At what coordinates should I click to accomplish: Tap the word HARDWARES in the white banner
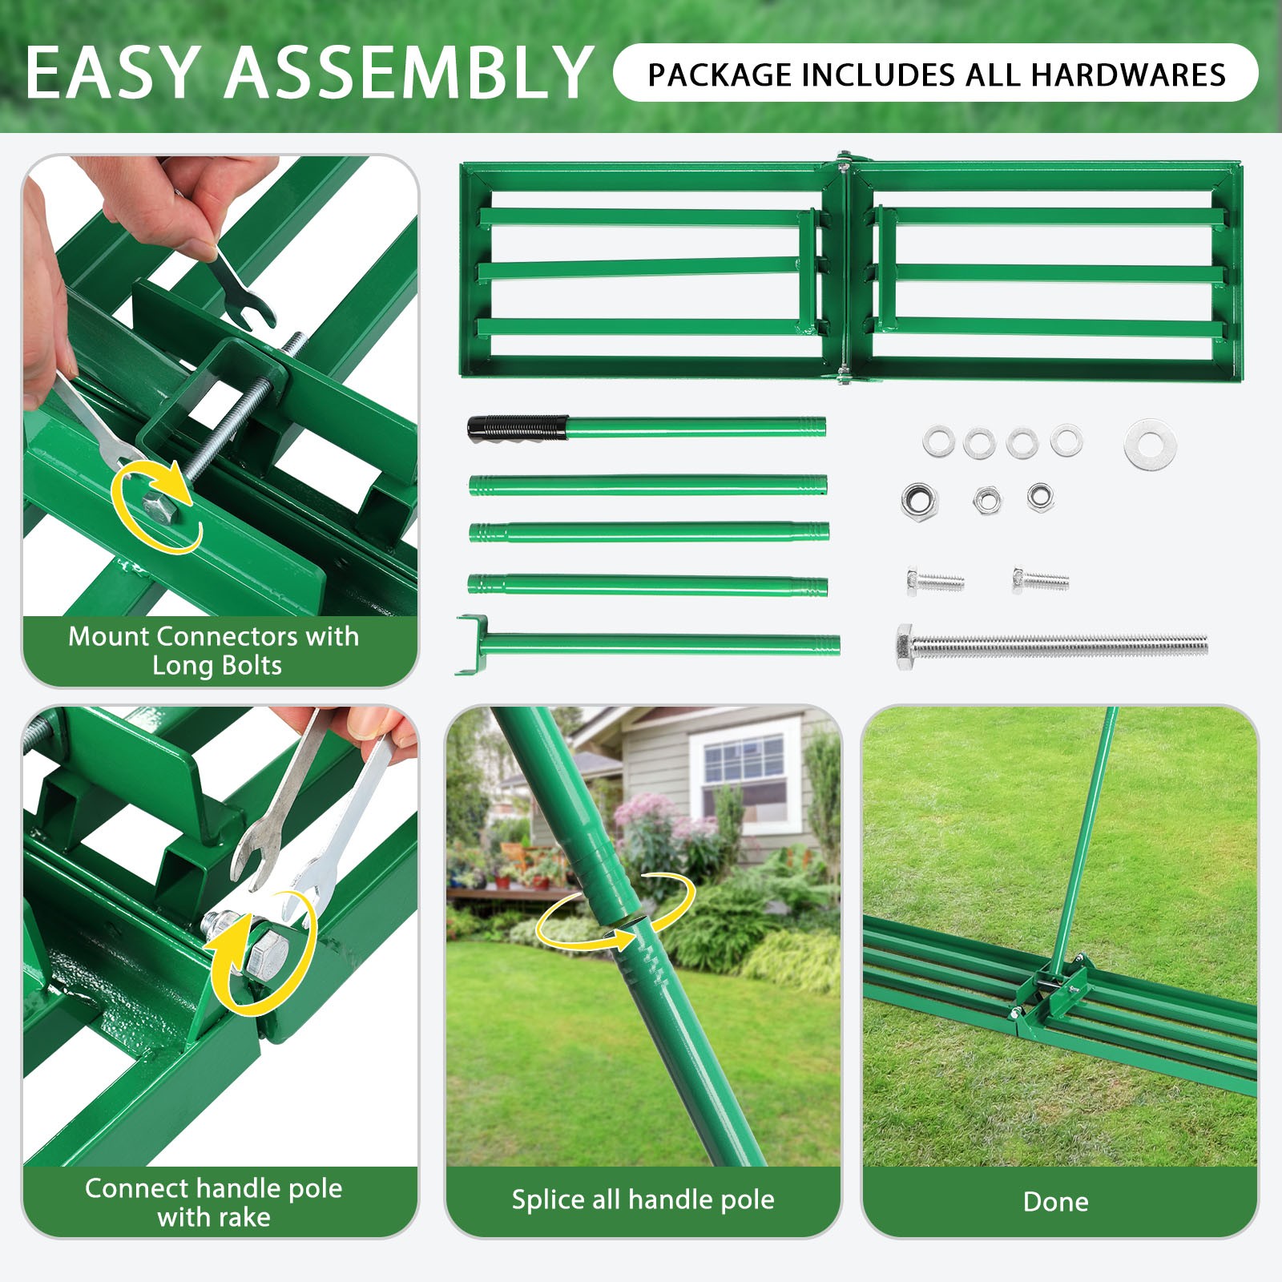pos(1128,75)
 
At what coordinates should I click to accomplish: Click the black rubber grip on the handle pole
pos(518,428)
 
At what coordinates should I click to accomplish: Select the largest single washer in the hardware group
pos(1150,443)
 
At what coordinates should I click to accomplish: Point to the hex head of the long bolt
pos(905,646)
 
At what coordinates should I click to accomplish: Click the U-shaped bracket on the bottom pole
pos(472,644)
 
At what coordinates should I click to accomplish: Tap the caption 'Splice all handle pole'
pos(643,1199)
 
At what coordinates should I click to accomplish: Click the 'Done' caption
pos(1055,1202)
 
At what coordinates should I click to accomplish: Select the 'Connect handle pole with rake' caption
pos(214,1202)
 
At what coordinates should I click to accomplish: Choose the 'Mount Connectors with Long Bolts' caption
pos(214,650)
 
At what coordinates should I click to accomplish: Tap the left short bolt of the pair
pos(934,580)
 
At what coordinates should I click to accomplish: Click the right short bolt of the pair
pos(1040,579)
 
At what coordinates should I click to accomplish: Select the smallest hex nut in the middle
pos(986,501)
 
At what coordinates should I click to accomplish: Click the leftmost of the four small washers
pos(938,441)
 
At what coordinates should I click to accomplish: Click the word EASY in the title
pos(112,73)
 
